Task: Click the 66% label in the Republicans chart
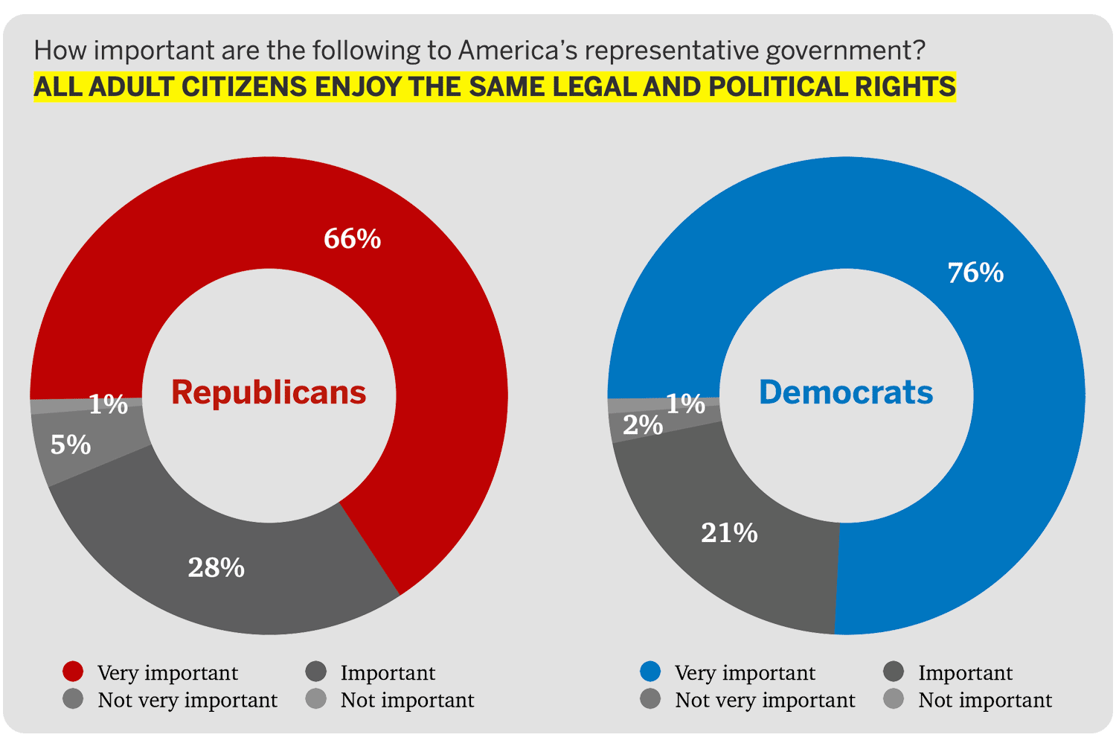click(352, 239)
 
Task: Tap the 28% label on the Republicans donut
click(216, 568)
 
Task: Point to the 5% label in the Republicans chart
click(71, 445)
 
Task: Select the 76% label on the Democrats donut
click(975, 273)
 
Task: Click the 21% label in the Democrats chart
click(729, 533)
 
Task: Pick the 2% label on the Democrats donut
click(642, 425)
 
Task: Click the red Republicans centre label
click(269, 392)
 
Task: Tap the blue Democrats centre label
click(846, 392)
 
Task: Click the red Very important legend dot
click(73, 672)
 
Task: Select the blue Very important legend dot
click(650, 672)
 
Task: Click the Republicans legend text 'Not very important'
click(187, 701)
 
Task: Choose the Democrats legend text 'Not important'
click(985, 701)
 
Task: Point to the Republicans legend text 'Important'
click(388, 673)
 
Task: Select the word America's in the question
click(518, 51)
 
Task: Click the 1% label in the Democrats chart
click(685, 404)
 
